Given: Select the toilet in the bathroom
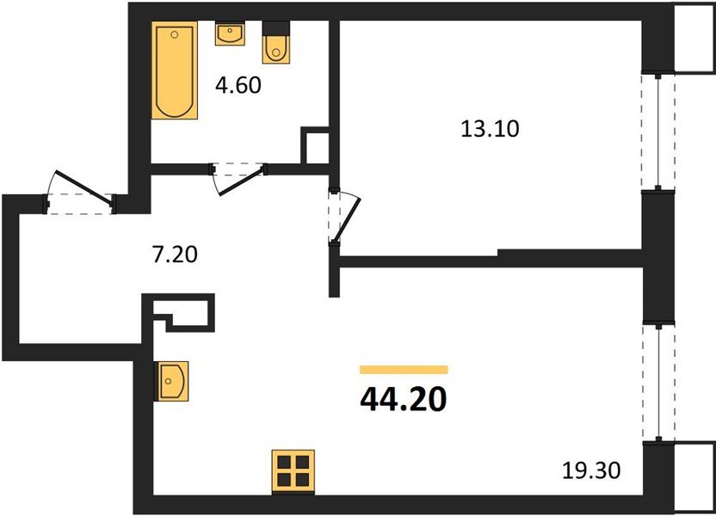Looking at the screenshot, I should pyautogui.click(x=275, y=45).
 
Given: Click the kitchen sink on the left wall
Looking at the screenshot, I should pyautogui.click(x=171, y=380).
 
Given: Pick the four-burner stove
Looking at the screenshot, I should pyautogui.click(x=293, y=471).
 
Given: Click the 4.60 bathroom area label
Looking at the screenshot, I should pyautogui.click(x=237, y=85).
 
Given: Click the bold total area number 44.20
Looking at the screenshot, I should pyautogui.click(x=403, y=398).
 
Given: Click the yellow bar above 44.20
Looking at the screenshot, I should pyautogui.click(x=404, y=370).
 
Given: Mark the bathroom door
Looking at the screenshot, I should pyautogui.click(x=239, y=177).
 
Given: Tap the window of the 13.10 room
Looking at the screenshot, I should pyautogui.click(x=658, y=131).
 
